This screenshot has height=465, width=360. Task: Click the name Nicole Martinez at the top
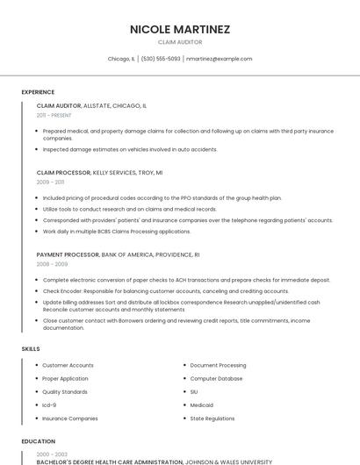pyautogui.click(x=180, y=29)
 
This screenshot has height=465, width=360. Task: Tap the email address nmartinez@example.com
pyautogui.click(x=219, y=59)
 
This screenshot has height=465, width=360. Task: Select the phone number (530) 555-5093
pyautogui.click(x=161, y=59)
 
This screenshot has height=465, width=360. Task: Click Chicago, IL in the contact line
pyautogui.click(x=121, y=59)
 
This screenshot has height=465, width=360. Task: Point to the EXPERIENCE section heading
pyautogui.click(x=38, y=92)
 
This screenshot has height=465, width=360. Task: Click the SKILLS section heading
pyautogui.click(x=31, y=348)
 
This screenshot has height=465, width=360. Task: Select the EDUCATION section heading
pyautogui.click(x=38, y=441)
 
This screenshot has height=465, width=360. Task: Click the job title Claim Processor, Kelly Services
pyautogui.click(x=99, y=173)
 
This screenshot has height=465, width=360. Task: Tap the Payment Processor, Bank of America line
pyautogui.click(x=118, y=254)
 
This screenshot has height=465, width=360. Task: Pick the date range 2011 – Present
pyautogui.click(x=54, y=115)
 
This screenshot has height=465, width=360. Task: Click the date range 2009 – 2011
pyautogui.click(x=50, y=182)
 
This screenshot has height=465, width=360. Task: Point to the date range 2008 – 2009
pyautogui.click(x=52, y=264)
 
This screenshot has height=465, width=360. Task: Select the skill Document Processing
pyautogui.click(x=218, y=365)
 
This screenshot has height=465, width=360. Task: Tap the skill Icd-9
pyautogui.click(x=49, y=405)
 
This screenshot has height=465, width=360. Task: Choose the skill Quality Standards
pyautogui.click(x=65, y=392)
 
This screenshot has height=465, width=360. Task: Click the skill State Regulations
pyautogui.click(x=212, y=418)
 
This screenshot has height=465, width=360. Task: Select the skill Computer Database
pyautogui.click(x=216, y=378)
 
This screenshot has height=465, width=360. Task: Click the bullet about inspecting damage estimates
pyautogui.click(x=130, y=149)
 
